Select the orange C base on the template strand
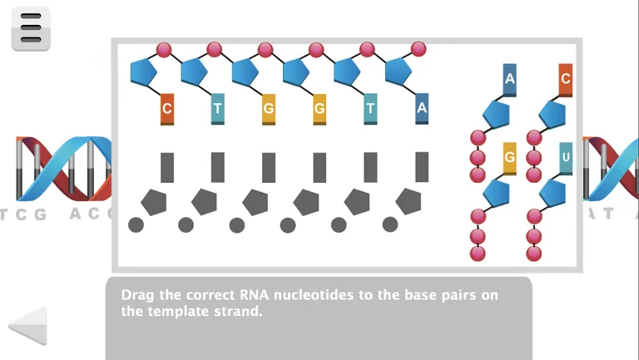[167, 109]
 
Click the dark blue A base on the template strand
[422, 108]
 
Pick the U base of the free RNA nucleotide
[566, 158]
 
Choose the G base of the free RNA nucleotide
[510, 158]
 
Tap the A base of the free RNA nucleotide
[510, 80]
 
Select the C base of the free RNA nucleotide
[566, 80]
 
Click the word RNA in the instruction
[255, 295]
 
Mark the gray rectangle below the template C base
[167, 167]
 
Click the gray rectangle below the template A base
[422, 167]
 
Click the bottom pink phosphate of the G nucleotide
[478, 254]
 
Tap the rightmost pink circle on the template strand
[419, 49]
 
